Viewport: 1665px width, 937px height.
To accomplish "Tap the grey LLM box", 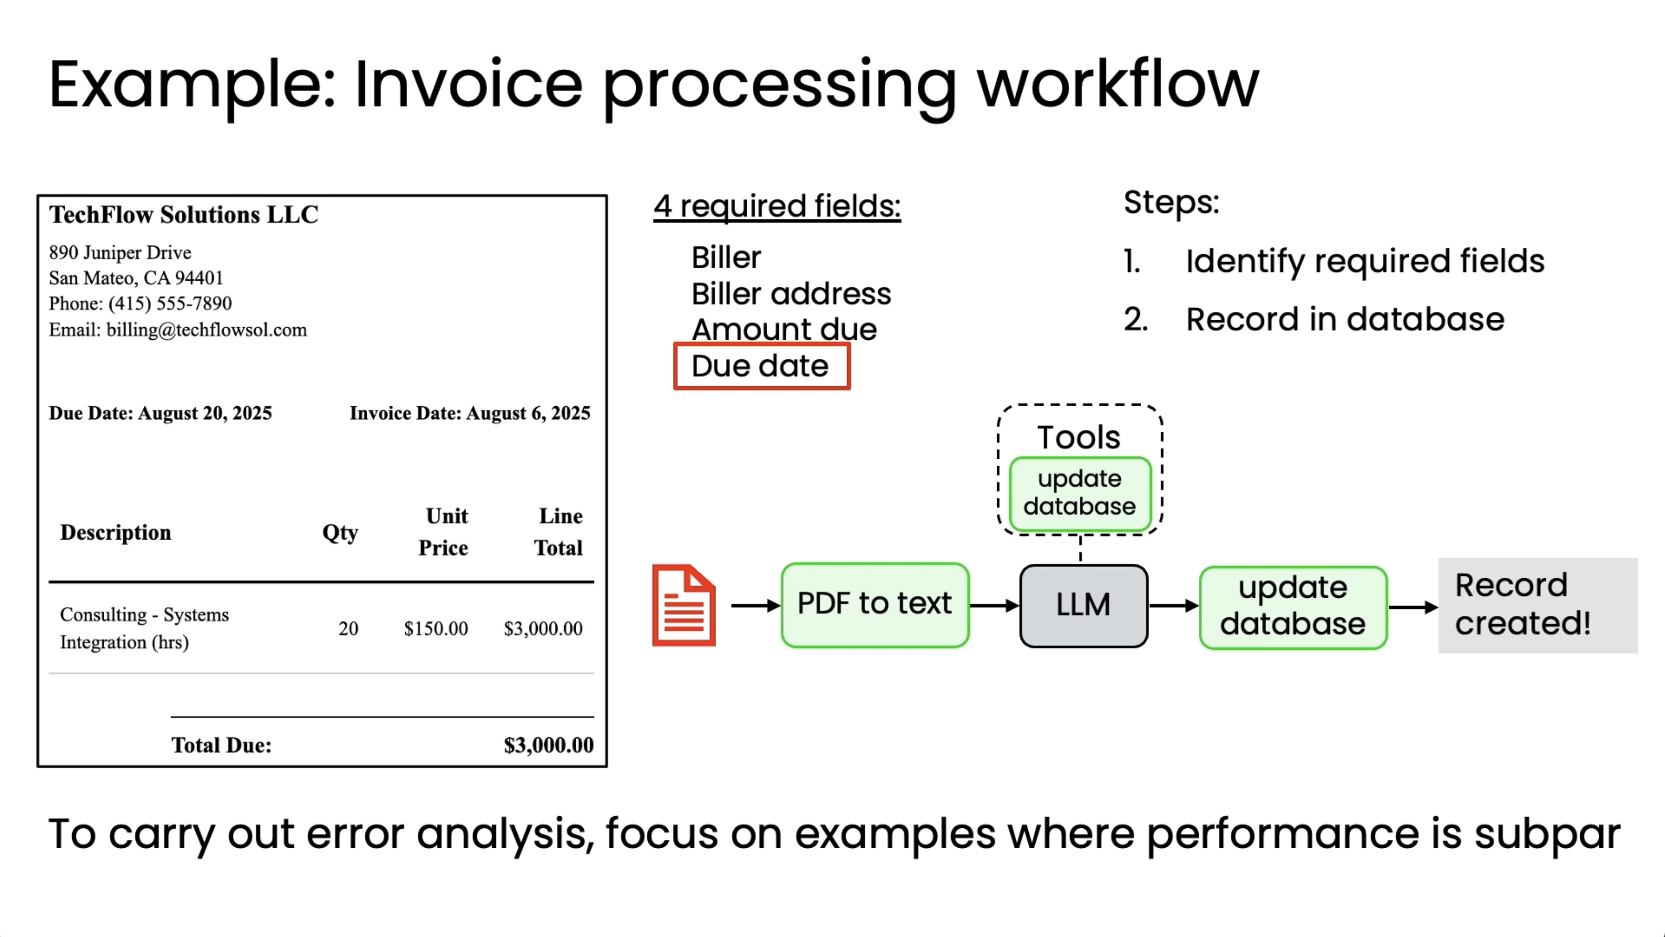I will [x=1083, y=606].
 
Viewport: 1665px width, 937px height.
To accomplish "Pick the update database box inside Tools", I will [x=1079, y=493].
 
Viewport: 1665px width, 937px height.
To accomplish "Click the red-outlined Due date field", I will [x=761, y=366].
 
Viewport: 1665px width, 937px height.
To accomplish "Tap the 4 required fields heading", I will [x=776, y=206].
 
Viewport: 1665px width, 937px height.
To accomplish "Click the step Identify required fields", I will [x=1364, y=261].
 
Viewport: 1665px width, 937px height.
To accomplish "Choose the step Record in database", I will [x=1344, y=319].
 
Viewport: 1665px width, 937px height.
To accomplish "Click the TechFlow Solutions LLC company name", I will [x=184, y=215].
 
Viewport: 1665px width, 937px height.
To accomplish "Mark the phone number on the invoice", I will [x=170, y=303].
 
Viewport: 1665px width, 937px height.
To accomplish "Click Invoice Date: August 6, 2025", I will [x=470, y=413].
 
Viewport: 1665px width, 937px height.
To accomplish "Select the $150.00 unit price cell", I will [x=435, y=628].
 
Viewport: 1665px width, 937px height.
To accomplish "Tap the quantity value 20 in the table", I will [x=348, y=628].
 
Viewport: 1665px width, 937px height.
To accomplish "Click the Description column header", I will [x=116, y=532].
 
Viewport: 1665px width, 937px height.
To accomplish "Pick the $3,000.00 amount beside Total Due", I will [x=548, y=745].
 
